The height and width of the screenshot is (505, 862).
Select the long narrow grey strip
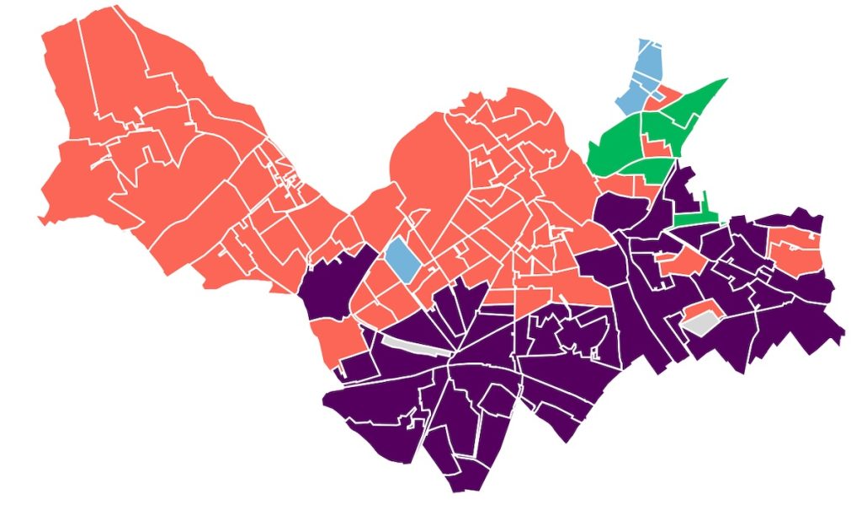coord(418,346)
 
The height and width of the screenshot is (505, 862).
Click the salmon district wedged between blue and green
coord(668,94)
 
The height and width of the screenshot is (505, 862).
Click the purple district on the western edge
coord(333,282)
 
